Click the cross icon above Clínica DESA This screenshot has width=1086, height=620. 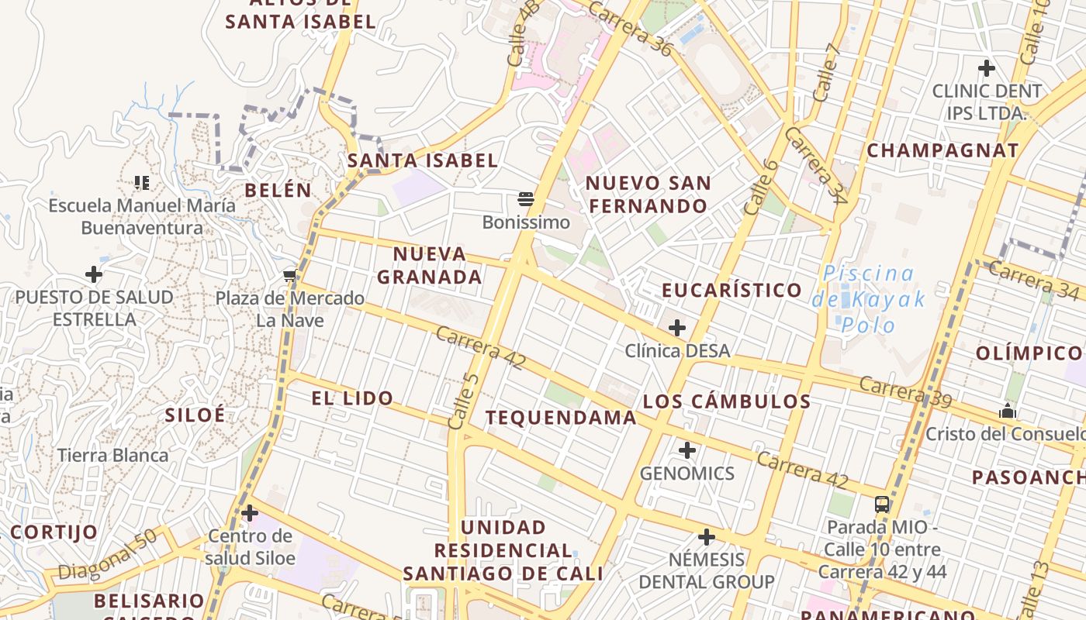pyautogui.click(x=677, y=328)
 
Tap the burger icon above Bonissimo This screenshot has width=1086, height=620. pyautogui.click(x=526, y=199)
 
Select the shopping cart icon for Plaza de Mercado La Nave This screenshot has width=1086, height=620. pyautogui.click(x=290, y=275)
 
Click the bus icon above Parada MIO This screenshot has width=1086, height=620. pyautogui.click(x=882, y=505)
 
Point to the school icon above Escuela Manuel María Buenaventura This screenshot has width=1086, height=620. pyautogui.click(x=141, y=182)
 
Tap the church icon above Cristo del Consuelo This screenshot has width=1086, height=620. pyautogui.click(x=1008, y=411)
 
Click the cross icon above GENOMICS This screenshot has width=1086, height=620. pyautogui.click(x=687, y=450)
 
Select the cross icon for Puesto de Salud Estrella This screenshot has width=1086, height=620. pyautogui.click(x=94, y=274)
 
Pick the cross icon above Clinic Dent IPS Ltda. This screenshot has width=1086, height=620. pyautogui.click(x=987, y=68)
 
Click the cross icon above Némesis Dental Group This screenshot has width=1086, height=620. pyautogui.click(x=707, y=537)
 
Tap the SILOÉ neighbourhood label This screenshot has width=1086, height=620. pyautogui.click(x=195, y=415)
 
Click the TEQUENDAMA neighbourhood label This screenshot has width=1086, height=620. pyautogui.click(x=561, y=418)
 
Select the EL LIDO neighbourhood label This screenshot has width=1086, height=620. pyautogui.click(x=352, y=398)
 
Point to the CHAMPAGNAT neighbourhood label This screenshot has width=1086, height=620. pyautogui.click(x=942, y=150)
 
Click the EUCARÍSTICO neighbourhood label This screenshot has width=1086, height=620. pyautogui.click(x=731, y=290)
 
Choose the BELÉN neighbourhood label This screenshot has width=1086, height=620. pyautogui.click(x=278, y=190)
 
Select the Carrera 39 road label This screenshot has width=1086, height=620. pyautogui.click(x=905, y=391)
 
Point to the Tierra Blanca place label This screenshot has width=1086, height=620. pyautogui.click(x=113, y=455)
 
